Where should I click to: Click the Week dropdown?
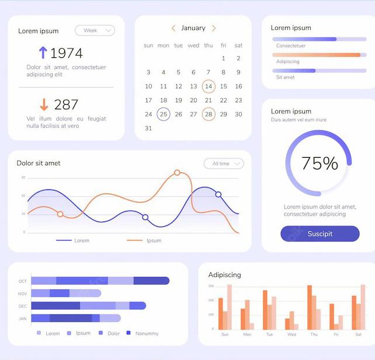click(x=95, y=30)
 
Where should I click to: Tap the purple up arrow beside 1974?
click(x=43, y=53)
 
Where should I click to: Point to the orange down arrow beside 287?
click(x=44, y=105)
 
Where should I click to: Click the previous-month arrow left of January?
click(x=173, y=28)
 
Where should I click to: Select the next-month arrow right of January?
click(x=214, y=28)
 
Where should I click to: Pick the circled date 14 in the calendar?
click(x=209, y=86)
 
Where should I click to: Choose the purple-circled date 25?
click(x=164, y=114)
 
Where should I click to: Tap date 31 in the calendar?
click(x=148, y=129)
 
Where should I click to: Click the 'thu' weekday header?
click(x=209, y=45)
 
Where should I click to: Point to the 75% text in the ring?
click(x=320, y=163)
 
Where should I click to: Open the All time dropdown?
click(x=224, y=164)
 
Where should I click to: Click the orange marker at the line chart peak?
click(x=177, y=172)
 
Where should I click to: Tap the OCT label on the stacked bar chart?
click(x=22, y=281)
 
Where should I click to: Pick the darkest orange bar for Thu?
click(x=310, y=307)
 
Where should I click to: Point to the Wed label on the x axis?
click(x=291, y=334)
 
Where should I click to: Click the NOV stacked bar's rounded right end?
click(x=99, y=293)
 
